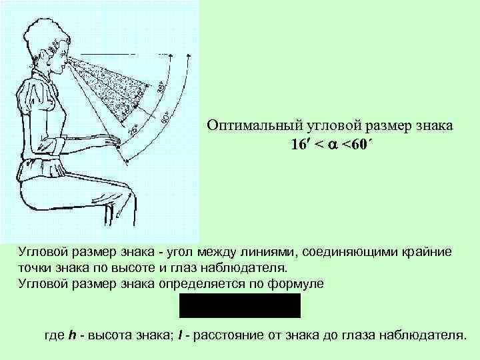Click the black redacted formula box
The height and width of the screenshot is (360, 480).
coord(239,305)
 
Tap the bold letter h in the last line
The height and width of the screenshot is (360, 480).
coord(71,334)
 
